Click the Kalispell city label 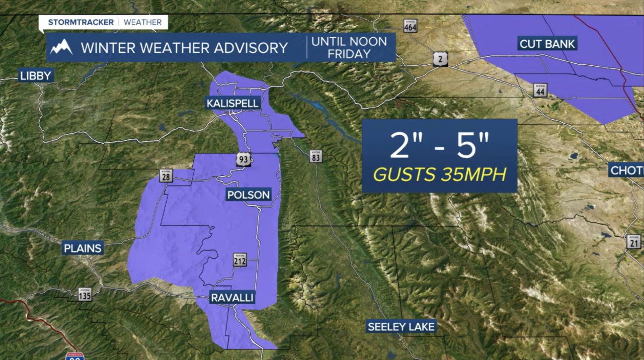pyautogui.click(x=232, y=104)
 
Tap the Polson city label pyautogui.click(x=249, y=195)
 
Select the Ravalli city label pyautogui.click(x=232, y=298)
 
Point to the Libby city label pyautogui.click(x=36, y=76)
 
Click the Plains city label pyautogui.click(x=83, y=248)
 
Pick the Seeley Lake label pyautogui.click(x=401, y=326)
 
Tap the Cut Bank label pyautogui.click(x=547, y=44)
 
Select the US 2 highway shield pyautogui.click(x=439, y=60)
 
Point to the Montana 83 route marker pyautogui.click(x=316, y=156)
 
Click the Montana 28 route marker pyautogui.click(x=167, y=176)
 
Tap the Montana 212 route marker pyautogui.click(x=240, y=260)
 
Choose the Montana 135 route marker pyautogui.click(x=85, y=294)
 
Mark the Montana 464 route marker pyautogui.click(x=410, y=26)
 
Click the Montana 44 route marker pyautogui.click(x=540, y=91)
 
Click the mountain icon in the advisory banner pyautogui.click(x=61, y=47)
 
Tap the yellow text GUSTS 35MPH pyautogui.click(x=439, y=174)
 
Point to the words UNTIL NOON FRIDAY pyautogui.click(x=349, y=47)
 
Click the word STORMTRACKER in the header pyautogui.click(x=80, y=22)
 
